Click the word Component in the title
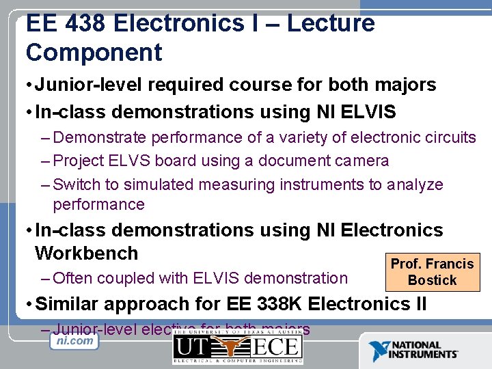coord(94,53)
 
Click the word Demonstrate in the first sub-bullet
coord(100,137)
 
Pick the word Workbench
coord(86,253)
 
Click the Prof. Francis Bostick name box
coord(431,271)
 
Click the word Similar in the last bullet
coord(68,303)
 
